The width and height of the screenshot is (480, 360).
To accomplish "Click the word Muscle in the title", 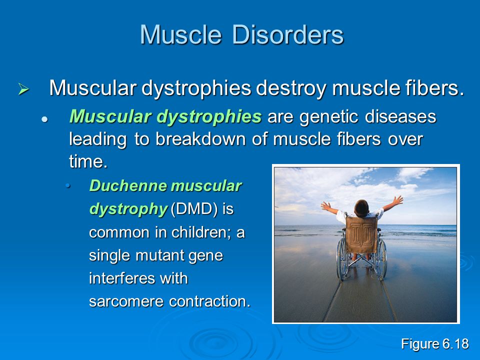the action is [180, 34].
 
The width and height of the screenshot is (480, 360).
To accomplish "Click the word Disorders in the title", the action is [288, 34].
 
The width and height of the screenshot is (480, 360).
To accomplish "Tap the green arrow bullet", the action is [23, 89].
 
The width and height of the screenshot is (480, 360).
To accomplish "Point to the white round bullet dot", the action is [44, 119].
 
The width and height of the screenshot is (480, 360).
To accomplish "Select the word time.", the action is [88, 161].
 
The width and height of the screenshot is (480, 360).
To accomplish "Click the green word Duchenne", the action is [128, 186].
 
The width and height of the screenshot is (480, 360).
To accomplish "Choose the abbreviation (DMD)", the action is [194, 209].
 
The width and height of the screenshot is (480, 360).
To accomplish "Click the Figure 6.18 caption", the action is [434, 344].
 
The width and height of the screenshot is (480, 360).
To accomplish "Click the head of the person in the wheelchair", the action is [361, 208].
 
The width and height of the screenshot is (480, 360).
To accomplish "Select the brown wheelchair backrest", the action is [361, 234].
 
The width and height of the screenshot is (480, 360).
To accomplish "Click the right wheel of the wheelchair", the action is [381, 259].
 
